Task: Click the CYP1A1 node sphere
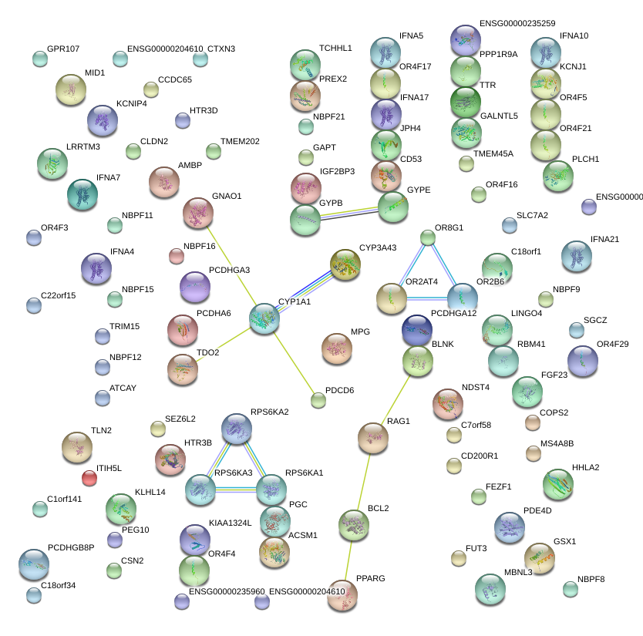coord(264,318)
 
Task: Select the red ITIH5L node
coord(89,479)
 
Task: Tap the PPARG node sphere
coord(342,594)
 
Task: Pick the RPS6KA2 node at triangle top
coord(237,429)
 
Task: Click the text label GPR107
coord(63,49)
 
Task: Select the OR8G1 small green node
coord(428,237)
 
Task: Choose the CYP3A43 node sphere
coord(345,264)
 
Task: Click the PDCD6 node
coord(318,399)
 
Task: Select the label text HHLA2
coord(585,467)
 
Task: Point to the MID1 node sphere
coord(71,90)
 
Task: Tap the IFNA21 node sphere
coord(576,256)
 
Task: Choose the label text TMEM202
coord(240,141)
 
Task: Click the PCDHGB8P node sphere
coord(33,564)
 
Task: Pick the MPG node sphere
coord(336,348)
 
